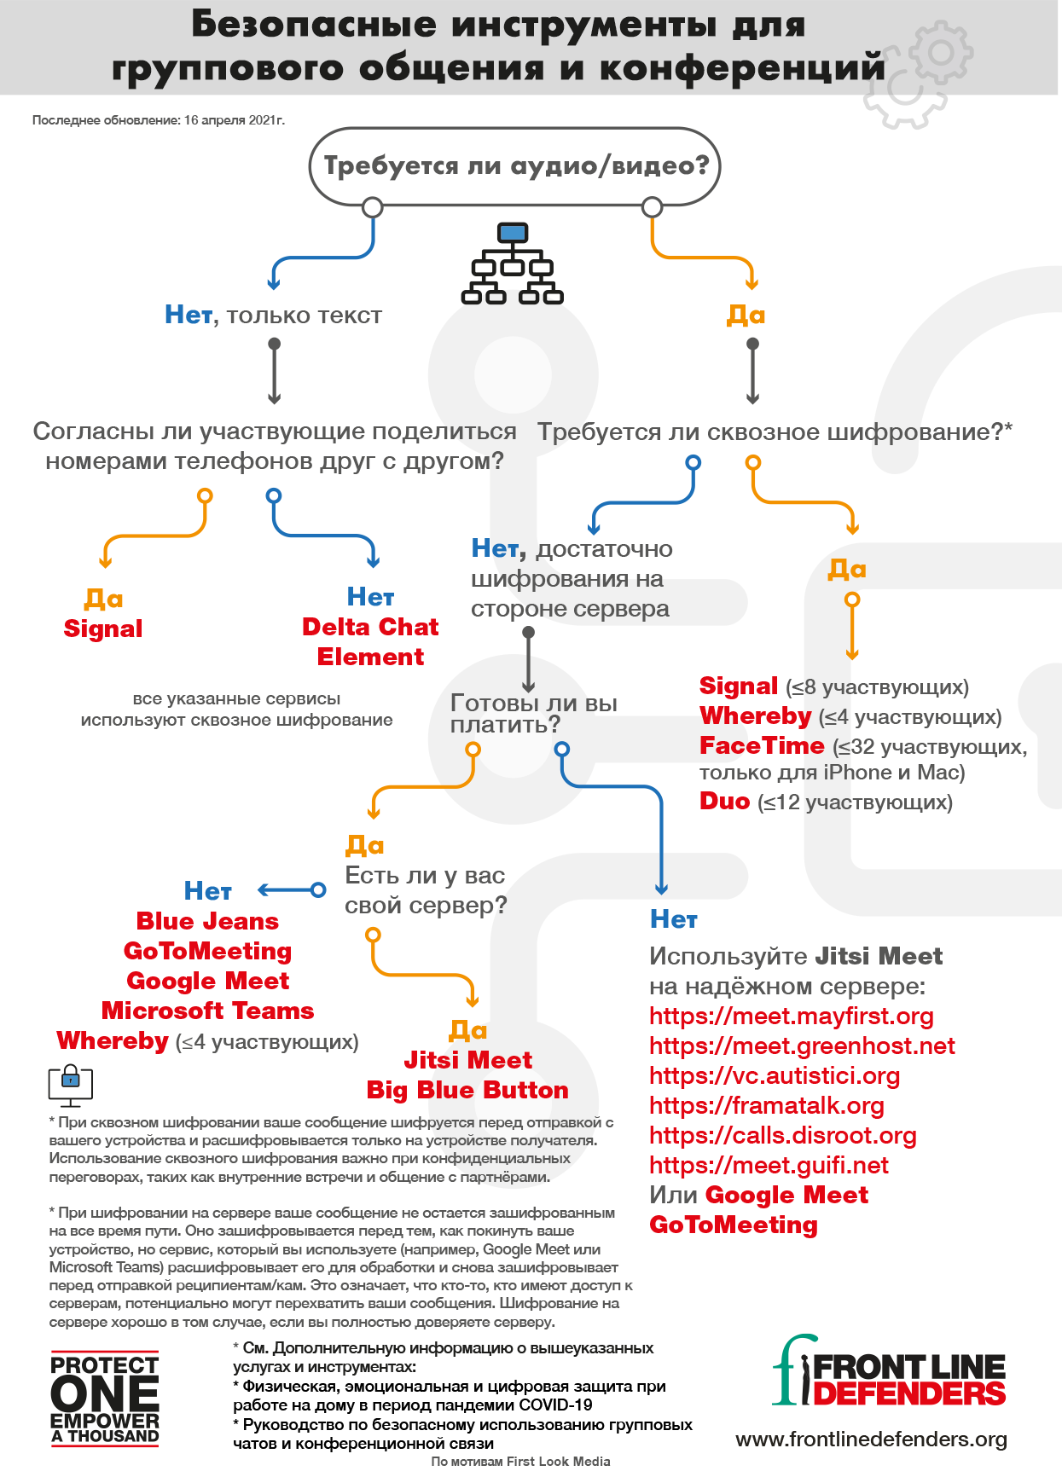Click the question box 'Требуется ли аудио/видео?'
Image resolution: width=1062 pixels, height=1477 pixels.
click(x=514, y=165)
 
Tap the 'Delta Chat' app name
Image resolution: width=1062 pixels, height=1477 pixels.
click(x=369, y=627)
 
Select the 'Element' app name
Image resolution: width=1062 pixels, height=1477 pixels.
click(x=370, y=657)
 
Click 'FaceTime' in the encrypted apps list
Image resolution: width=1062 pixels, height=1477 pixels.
click(x=762, y=746)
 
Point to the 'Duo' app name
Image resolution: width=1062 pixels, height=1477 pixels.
click(x=724, y=802)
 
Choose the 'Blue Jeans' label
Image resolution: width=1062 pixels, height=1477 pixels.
click(x=207, y=921)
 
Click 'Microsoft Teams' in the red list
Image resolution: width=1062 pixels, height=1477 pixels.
click(x=207, y=1011)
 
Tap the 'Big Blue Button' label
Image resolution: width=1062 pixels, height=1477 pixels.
click(x=467, y=1090)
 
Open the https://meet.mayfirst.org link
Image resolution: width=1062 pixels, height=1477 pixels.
click(x=791, y=1016)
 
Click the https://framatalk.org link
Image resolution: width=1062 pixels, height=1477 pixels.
click(x=766, y=1105)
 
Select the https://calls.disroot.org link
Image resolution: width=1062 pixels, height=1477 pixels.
click(x=782, y=1135)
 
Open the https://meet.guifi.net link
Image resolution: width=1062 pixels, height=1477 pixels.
click(x=769, y=1165)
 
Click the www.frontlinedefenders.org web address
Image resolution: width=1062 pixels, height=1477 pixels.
click(x=870, y=1439)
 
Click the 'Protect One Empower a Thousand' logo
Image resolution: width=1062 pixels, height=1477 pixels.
click(x=104, y=1399)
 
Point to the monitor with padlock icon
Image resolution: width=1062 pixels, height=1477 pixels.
click(x=71, y=1085)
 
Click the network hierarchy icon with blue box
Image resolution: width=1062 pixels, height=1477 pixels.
click(x=512, y=261)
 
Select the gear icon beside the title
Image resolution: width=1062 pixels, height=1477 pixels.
click(x=917, y=77)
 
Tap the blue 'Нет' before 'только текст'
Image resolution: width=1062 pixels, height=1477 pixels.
click(x=188, y=316)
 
